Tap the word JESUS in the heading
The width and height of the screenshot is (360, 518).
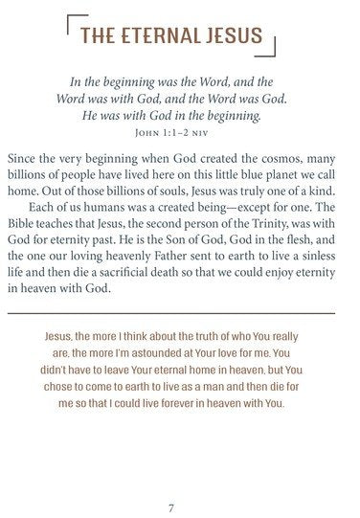pyautogui.click(x=235, y=36)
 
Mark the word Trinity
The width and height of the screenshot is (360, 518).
pyautogui.click(x=259, y=227)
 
